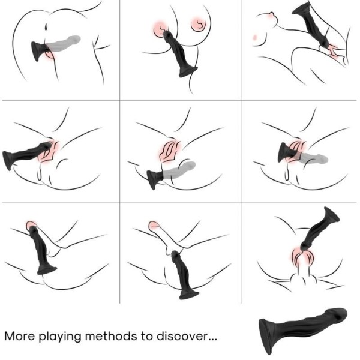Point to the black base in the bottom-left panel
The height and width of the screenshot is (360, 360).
[47, 268]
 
